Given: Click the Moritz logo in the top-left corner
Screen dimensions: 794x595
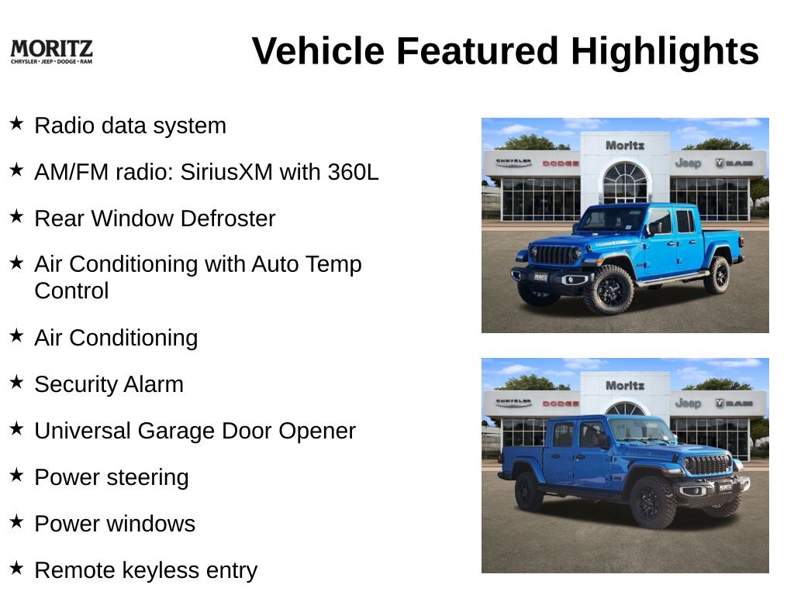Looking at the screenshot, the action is pyautogui.click(x=51, y=52).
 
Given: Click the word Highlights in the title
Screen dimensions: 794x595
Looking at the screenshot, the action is pyautogui.click(x=665, y=52).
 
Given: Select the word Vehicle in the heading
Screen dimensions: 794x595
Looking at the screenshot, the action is pyautogui.click(x=318, y=51).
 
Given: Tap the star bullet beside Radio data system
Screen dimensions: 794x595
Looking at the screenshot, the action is pyautogui.click(x=16, y=123).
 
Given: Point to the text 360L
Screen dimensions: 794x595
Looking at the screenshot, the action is pyautogui.click(x=353, y=172).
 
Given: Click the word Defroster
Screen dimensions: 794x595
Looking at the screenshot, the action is pyautogui.click(x=228, y=218).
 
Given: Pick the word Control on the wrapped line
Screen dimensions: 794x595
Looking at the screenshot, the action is pyautogui.click(x=71, y=291).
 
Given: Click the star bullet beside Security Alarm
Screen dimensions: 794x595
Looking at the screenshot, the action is pyautogui.click(x=16, y=382).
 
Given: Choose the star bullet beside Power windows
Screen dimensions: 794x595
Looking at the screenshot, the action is pyautogui.click(x=16, y=521).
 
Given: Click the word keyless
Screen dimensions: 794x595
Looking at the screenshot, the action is pyautogui.click(x=161, y=571).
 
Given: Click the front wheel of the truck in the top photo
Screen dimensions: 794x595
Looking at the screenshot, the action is pyautogui.click(x=609, y=290).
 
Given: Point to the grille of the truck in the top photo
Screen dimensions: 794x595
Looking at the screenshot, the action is pyautogui.click(x=553, y=254).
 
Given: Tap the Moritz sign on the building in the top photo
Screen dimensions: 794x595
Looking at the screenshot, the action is pyautogui.click(x=625, y=146).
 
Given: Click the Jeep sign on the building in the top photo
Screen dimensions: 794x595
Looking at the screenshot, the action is pyautogui.click(x=688, y=163).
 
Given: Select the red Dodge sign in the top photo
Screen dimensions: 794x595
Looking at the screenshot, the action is pyautogui.click(x=560, y=163).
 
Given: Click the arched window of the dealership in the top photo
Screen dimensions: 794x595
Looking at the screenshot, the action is pyautogui.click(x=626, y=181).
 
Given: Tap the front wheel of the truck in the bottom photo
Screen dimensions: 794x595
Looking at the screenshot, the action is pyautogui.click(x=652, y=502).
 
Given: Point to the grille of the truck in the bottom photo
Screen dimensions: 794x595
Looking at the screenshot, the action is pyautogui.click(x=707, y=465).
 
